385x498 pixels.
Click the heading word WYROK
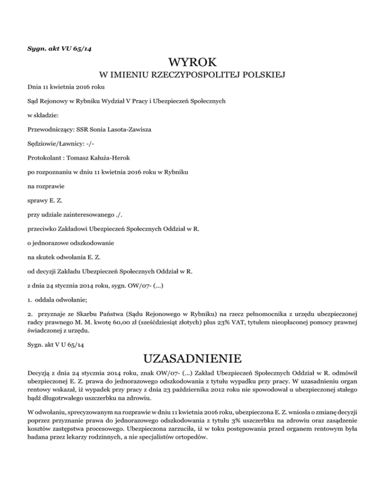192,63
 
